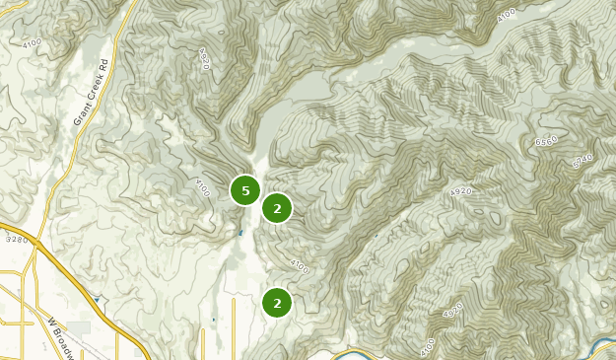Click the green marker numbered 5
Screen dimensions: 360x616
coord(245,189)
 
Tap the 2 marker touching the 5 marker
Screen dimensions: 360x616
coord(277,208)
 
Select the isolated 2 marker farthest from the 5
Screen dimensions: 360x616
coord(277,303)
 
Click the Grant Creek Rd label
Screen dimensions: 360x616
coord(89,99)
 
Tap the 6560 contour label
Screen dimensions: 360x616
coord(547,141)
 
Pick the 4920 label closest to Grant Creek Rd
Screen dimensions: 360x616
coord(205,59)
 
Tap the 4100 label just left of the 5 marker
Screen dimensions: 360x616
coord(203,186)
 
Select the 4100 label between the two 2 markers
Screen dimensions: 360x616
coord(300,266)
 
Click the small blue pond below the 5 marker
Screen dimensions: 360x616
coord(240,233)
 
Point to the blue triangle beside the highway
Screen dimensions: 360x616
coord(96,297)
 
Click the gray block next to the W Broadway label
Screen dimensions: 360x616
coord(79,326)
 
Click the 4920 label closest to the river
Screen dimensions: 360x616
coord(453,311)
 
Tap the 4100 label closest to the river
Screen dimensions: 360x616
coord(427,348)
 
